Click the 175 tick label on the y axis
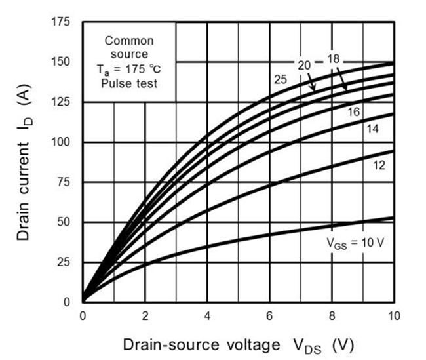pos(63,22)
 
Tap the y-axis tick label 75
pos(66,182)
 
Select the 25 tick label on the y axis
pos(66,262)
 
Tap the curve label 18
pos(334,59)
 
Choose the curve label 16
pos(353,112)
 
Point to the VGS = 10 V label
pos(355,241)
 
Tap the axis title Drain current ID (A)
pos(25,164)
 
